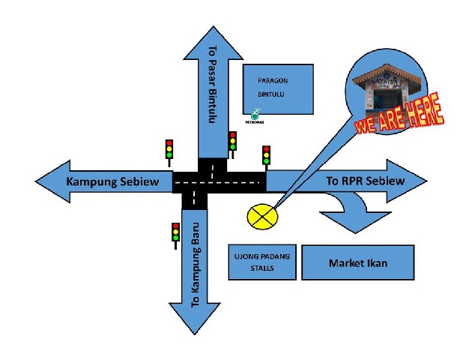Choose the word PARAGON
point(273,80)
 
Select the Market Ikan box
point(357,263)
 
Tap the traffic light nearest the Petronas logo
point(232,141)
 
